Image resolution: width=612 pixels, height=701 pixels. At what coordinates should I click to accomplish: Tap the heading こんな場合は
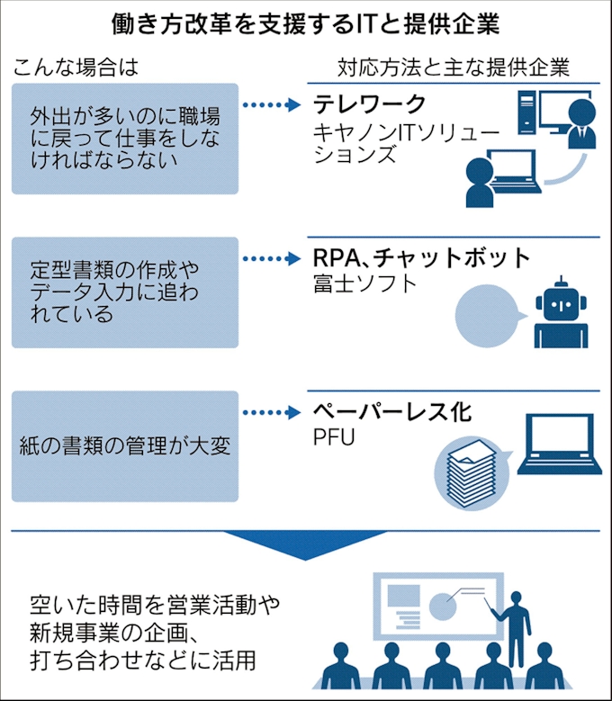(77, 67)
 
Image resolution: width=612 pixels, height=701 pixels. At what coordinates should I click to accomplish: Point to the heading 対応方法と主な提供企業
(454, 67)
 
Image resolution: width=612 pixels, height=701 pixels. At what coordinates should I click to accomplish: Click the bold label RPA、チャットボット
(421, 257)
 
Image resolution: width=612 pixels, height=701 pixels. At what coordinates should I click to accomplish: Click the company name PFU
(335, 438)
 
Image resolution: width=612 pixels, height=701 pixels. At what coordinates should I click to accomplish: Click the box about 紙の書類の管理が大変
(125, 445)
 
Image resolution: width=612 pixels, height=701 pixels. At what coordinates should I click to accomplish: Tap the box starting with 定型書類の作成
(125, 292)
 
